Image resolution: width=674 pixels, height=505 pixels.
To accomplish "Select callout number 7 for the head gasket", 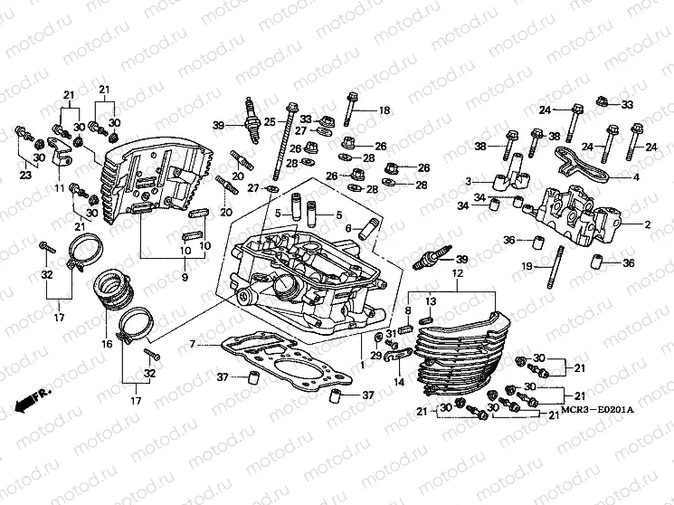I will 192,345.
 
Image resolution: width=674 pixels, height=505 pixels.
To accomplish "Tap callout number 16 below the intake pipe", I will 106,345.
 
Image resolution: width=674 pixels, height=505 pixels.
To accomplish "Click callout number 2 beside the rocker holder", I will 647,223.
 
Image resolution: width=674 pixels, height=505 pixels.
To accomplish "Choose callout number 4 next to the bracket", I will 635,176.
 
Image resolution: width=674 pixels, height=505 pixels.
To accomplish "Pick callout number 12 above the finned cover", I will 458,272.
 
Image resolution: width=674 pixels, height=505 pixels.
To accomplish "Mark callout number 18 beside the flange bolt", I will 384,110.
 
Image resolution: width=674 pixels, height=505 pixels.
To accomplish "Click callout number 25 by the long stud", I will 270,121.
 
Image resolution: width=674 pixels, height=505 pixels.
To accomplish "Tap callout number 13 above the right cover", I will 431,300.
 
